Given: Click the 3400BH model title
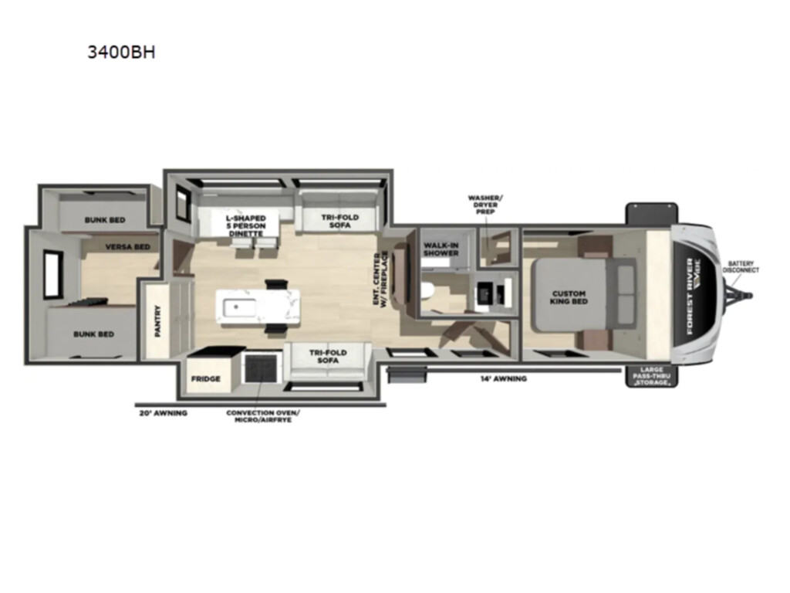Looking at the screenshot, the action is [121, 52].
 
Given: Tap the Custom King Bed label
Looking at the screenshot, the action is [569, 297].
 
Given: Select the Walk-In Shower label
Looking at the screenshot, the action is [441, 249].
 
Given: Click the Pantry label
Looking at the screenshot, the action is [157, 321].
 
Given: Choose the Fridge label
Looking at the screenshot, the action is [205, 378].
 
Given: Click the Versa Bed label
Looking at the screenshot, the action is [127, 246].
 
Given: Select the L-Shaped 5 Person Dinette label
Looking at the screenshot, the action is [246, 225].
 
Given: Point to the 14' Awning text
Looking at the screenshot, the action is [503, 378].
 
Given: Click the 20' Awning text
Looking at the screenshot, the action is [164, 413].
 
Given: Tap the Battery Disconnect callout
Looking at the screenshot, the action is [741, 266].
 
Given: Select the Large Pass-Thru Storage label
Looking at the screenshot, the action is [652, 376].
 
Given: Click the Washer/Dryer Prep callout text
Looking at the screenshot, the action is [485, 205].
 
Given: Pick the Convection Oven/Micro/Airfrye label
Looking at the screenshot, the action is [262, 416].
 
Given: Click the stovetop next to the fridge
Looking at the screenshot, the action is [261, 368].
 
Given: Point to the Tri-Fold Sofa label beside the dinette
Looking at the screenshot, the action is [340, 221].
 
